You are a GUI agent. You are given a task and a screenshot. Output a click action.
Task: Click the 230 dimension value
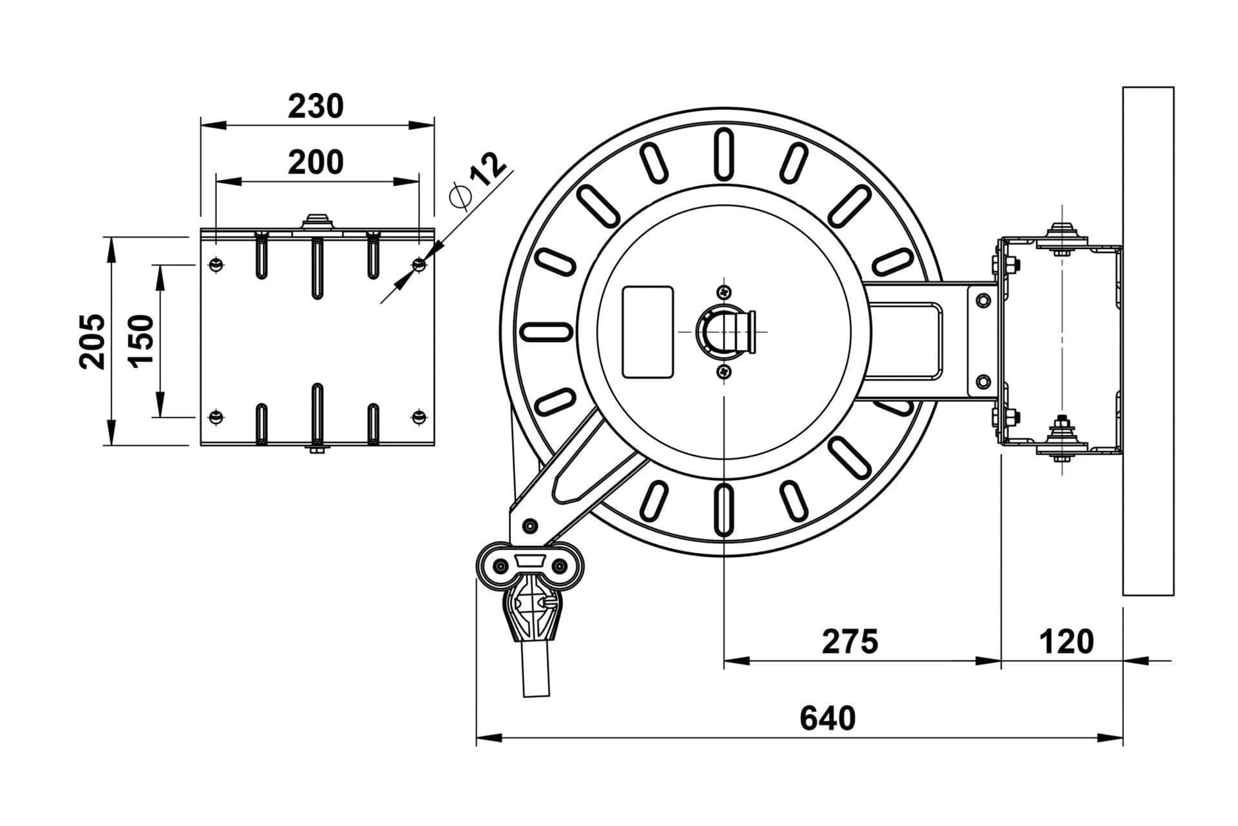click(x=315, y=106)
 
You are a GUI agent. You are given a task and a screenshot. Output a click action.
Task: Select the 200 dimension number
click(x=315, y=163)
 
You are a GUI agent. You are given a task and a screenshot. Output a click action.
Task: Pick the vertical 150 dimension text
click(x=142, y=341)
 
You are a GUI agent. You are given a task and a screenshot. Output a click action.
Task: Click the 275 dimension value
click(x=850, y=641)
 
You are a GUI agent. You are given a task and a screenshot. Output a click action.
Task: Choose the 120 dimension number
click(x=1066, y=641)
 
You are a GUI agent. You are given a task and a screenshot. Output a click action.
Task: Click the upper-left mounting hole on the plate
click(x=216, y=264)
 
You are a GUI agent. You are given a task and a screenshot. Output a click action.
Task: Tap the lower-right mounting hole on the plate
click(x=419, y=418)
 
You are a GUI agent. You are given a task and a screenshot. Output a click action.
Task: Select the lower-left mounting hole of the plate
click(x=216, y=418)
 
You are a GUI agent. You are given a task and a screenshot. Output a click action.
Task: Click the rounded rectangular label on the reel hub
click(x=647, y=332)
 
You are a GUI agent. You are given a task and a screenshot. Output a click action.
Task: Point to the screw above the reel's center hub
click(x=725, y=292)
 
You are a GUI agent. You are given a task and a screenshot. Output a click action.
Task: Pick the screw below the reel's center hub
click(x=725, y=372)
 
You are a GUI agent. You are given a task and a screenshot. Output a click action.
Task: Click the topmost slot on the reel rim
click(x=724, y=155)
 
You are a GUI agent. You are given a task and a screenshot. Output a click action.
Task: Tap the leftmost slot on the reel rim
click(x=547, y=332)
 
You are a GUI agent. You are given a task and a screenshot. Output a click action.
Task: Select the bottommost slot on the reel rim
click(x=724, y=510)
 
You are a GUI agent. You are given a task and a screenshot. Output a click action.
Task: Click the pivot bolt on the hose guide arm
click(x=529, y=526)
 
